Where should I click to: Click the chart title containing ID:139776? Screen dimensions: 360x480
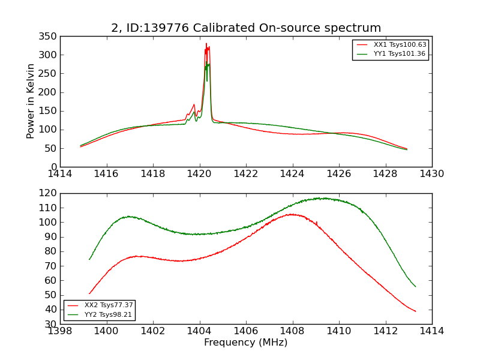click(x=246, y=28)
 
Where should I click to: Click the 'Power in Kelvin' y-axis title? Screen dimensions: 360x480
click(x=31, y=101)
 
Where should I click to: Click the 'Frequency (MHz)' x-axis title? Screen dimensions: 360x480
click(x=246, y=343)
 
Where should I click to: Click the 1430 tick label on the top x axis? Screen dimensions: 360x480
click(x=432, y=174)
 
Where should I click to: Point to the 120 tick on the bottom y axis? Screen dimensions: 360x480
click(x=49, y=193)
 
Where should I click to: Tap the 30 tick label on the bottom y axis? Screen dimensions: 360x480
click(x=52, y=324)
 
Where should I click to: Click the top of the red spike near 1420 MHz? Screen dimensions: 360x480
click(x=206, y=43)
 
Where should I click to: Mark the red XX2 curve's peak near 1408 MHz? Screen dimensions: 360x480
click(x=292, y=214)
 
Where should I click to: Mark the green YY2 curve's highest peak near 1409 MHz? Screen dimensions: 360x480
click(x=324, y=197)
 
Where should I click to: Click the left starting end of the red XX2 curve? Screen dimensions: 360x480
click(x=89, y=294)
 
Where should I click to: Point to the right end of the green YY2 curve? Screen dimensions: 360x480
click(x=415, y=286)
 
